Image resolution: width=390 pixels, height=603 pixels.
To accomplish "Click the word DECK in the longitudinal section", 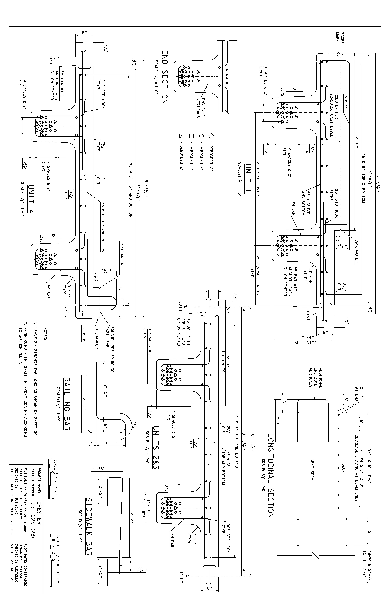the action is [x=343, y=468].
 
